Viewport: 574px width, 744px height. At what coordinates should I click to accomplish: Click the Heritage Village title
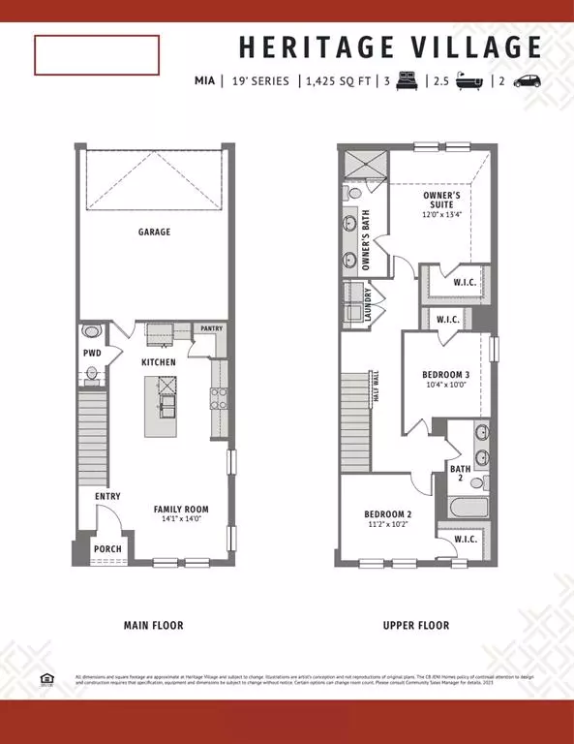390,47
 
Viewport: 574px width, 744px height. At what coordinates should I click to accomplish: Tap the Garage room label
154,232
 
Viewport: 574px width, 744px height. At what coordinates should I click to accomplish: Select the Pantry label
211,329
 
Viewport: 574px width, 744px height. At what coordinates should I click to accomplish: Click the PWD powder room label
92,355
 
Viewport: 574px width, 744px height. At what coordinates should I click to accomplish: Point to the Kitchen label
158,361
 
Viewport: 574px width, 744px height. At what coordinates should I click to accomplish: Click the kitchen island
163,406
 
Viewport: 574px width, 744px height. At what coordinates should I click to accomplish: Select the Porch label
107,549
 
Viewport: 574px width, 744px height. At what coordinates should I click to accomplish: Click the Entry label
107,497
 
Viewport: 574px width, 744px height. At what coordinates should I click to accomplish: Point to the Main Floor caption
154,626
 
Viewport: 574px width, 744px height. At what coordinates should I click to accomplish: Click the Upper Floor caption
415,626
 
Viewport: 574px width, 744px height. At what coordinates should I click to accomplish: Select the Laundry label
369,304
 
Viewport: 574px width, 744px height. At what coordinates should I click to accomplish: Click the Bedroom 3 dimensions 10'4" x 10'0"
444,385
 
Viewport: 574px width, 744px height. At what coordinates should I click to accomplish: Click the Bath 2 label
460,474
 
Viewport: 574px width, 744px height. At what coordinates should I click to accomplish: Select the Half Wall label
377,387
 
